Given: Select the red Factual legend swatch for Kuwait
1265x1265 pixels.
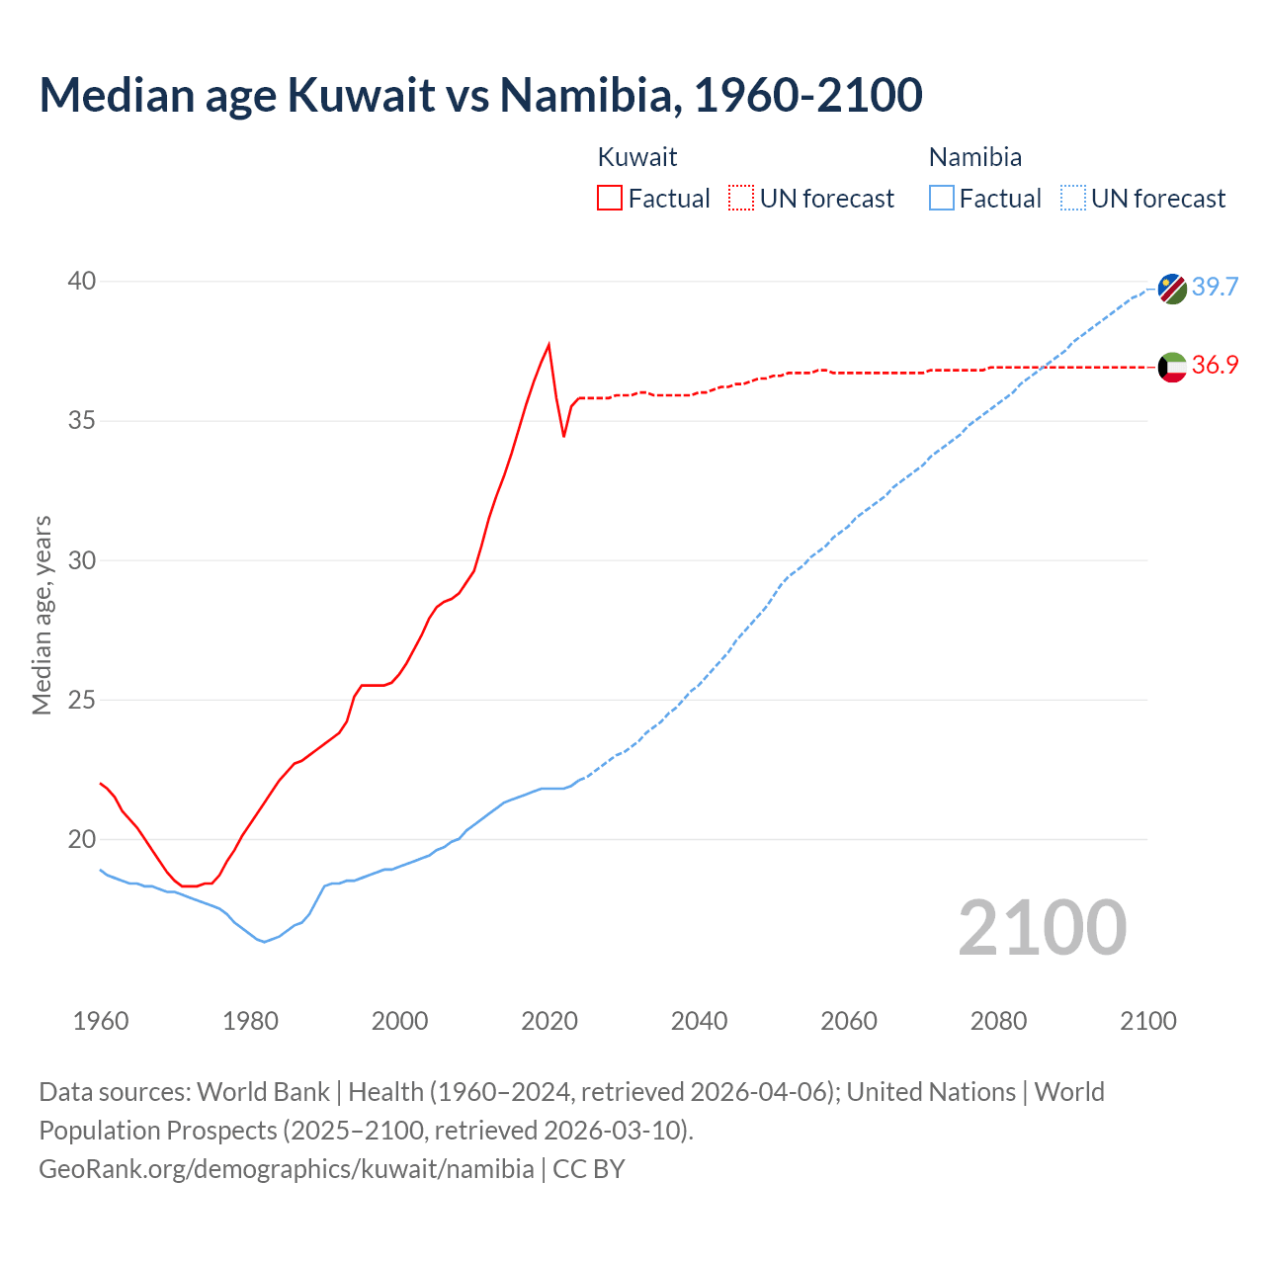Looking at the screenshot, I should pos(610,198).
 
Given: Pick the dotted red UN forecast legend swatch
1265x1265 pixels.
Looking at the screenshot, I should pos(741,198).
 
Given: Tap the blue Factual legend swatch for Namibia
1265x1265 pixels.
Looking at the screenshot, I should pos(942,198).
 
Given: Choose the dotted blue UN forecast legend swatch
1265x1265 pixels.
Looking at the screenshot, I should pos(1073,198).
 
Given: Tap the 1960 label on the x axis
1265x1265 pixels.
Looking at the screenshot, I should pos(101,1021).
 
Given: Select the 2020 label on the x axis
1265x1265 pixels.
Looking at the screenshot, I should pos(549,1021).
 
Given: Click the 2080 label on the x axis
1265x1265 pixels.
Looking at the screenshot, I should pos(998,1021).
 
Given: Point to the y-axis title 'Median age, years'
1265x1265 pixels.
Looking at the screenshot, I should pos(42,615).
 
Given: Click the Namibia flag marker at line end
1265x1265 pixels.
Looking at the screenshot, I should pos(1172,289).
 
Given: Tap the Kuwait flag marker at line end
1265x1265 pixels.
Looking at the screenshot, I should pos(1172,367).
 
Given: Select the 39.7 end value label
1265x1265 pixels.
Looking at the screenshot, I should pos(1215,287).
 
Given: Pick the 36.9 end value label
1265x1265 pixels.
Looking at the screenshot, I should pos(1215,365).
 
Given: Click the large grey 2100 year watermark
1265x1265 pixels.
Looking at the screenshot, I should pos(1042,927).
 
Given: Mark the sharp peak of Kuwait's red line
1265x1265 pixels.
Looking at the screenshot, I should pos(548,345).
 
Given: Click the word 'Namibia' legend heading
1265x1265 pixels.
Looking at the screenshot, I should pos(975,157).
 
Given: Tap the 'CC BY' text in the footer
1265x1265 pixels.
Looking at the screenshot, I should pos(589,1169).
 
